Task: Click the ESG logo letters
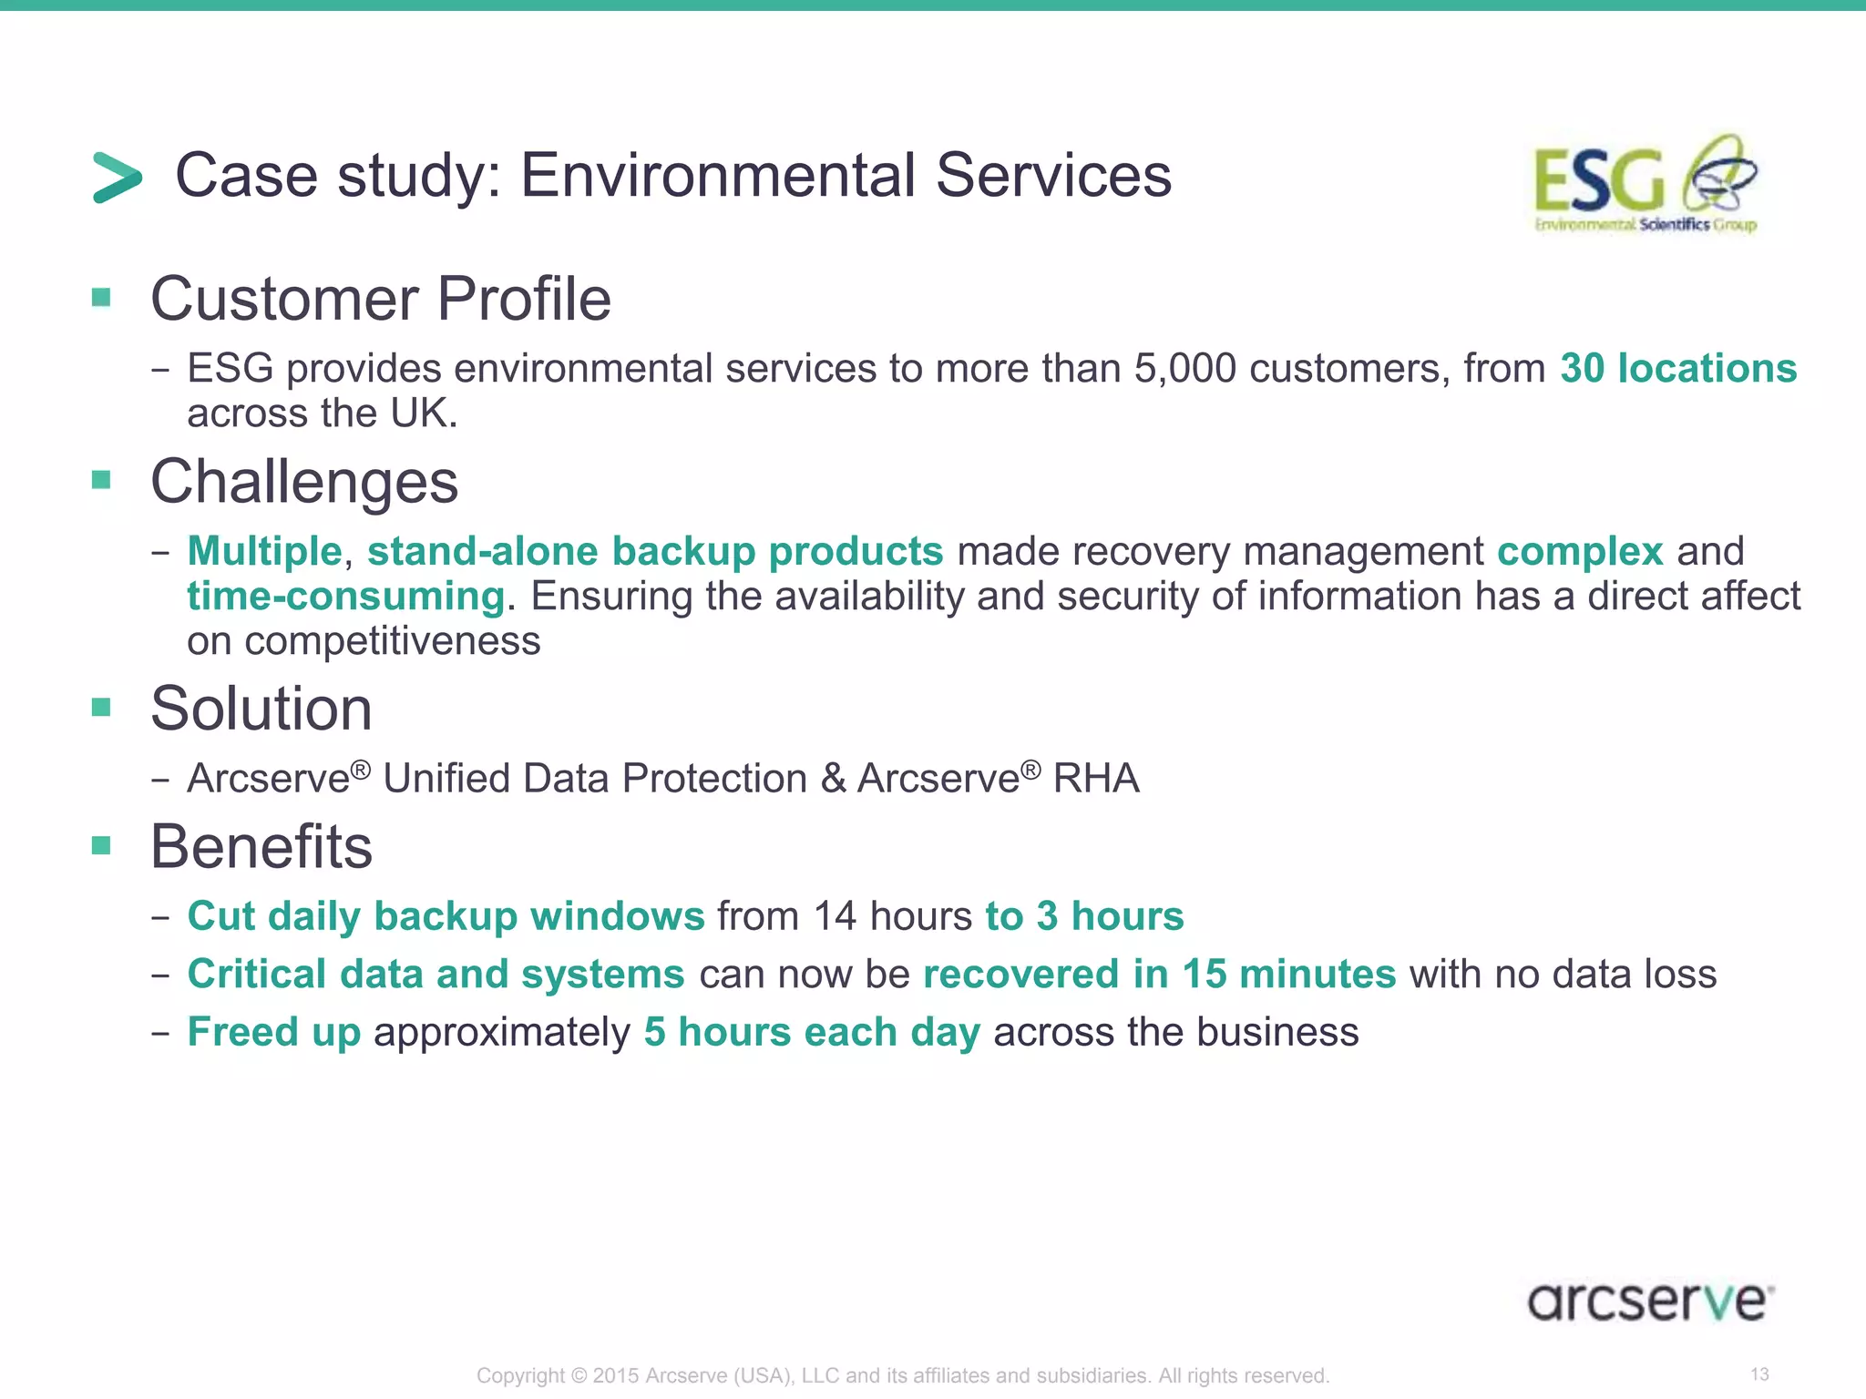(1599, 181)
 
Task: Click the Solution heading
(261, 709)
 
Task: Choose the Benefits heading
(261, 846)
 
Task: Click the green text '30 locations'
(1677, 368)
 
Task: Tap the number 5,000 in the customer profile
(1184, 368)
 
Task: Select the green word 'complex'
(1580, 551)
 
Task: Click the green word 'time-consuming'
(345, 597)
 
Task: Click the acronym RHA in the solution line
(1096, 779)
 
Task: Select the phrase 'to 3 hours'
(1083, 916)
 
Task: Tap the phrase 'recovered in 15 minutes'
(1159, 974)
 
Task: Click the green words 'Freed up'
(273, 1032)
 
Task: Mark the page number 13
(1759, 1373)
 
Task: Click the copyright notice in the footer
(902, 1375)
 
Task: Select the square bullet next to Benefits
(101, 845)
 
